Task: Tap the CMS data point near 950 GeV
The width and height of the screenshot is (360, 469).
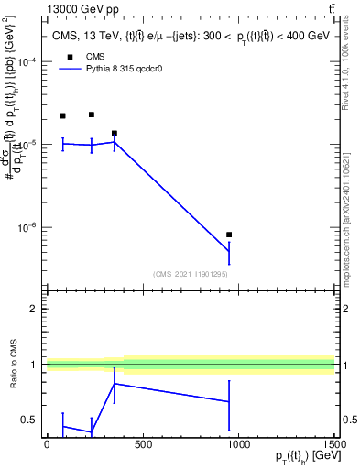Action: tap(229, 234)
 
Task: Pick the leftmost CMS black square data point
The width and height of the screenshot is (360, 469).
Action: tap(62, 116)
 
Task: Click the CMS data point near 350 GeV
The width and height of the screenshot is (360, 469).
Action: tap(114, 134)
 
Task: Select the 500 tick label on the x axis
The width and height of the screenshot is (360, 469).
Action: tap(142, 444)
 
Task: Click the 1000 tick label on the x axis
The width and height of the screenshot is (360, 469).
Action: tap(238, 444)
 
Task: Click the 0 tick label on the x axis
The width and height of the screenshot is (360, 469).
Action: tap(47, 444)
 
